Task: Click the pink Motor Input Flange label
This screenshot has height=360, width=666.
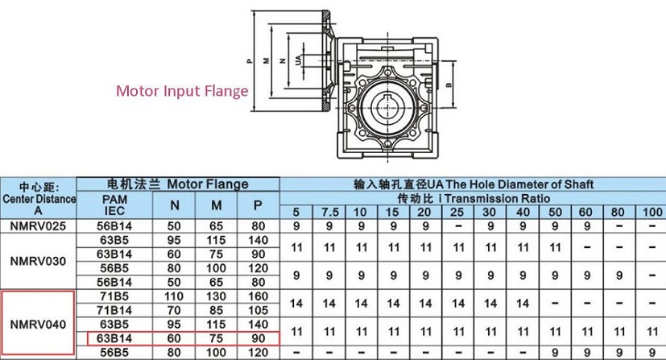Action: click(x=182, y=91)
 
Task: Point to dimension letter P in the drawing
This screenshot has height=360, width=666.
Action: click(x=250, y=60)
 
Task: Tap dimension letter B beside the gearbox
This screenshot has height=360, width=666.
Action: click(x=449, y=85)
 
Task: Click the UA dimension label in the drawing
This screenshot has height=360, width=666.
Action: click(x=299, y=60)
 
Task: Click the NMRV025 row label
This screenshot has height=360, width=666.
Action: click(x=38, y=226)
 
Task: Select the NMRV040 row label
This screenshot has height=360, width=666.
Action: click(x=38, y=325)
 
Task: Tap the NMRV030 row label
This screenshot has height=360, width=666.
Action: click(x=38, y=261)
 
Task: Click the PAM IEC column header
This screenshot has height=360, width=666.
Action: click(x=114, y=205)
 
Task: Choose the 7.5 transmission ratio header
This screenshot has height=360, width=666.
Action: click(x=330, y=213)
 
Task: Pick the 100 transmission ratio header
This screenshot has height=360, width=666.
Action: click(x=652, y=213)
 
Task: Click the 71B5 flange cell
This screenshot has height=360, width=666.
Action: click(x=114, y=296)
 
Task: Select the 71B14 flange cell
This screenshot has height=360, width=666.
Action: click(x=114, y=310)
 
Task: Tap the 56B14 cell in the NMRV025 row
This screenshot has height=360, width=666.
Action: click(x=114, y=226)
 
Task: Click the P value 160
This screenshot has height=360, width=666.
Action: click(x=259, y=296)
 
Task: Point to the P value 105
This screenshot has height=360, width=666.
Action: click(x=259, y=310)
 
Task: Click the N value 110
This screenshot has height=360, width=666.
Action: click(x=174, y=296)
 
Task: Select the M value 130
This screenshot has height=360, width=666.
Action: click(x=216, y=296)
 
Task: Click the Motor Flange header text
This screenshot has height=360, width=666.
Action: click(x=208, y=184)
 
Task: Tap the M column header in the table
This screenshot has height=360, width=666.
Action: click(x=217, y=205)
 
